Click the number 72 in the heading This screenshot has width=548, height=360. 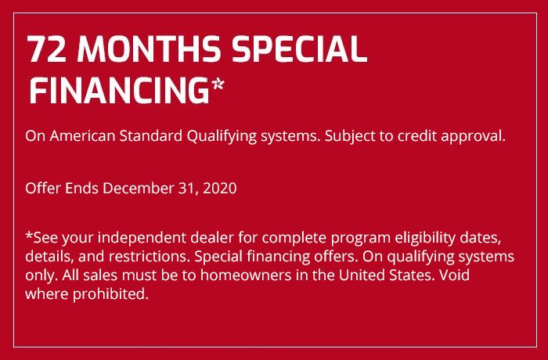[x=47, y=49]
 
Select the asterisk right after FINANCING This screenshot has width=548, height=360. [x=218, y=85]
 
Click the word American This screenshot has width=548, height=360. [x=82, y=136]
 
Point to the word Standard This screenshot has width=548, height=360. [x=150, y=136]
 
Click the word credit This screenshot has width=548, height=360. [x=417, y=136]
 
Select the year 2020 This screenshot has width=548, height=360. [x=219, y=189]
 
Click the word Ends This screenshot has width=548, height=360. [x=81, y=189]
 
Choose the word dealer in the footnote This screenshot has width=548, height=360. [x=212, y=238]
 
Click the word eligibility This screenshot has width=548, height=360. [x=425, y=239]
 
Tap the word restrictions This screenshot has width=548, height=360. [x=150, y=257]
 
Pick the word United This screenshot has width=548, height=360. [x=362, y=275]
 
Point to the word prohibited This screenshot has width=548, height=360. [x=110, y=294]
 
